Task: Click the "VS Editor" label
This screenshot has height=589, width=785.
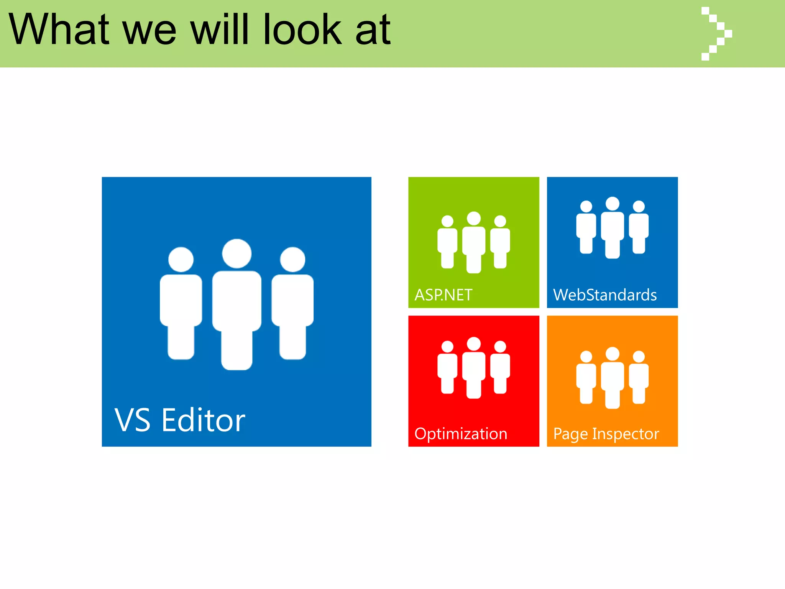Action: point(180,421)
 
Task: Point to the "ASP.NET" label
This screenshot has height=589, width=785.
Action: point(443,295)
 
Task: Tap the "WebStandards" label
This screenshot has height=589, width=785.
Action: point(605,295)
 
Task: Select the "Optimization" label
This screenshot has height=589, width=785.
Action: point(461,434)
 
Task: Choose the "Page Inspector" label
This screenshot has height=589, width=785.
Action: point(606,434)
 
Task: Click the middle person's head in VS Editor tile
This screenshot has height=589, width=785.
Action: point(237,253)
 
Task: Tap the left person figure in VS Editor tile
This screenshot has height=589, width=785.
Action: point(181,303)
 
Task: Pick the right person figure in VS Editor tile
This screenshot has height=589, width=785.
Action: point(292,303)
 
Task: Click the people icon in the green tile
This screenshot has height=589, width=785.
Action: point(474,242)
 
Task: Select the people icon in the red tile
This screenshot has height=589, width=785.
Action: point(474,368)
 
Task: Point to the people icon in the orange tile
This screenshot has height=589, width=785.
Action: point(612,378)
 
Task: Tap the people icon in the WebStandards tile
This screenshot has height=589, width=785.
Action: point(612,227)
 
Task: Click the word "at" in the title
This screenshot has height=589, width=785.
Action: point(373,30)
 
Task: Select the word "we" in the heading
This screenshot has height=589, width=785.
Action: point(149,30)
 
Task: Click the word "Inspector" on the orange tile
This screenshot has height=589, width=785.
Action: point(626,434)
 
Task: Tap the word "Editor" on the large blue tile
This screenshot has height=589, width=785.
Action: point(203,421)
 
